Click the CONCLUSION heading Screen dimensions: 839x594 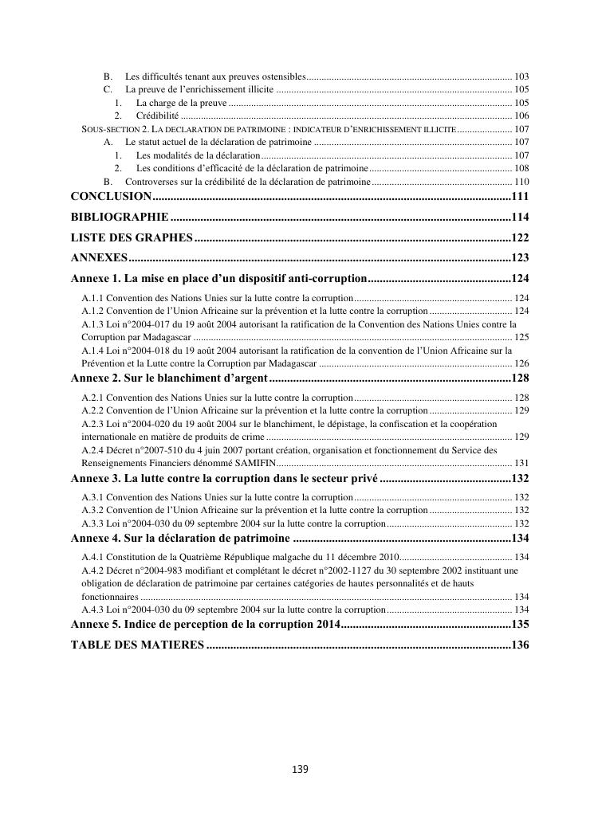click(x=111, y=196)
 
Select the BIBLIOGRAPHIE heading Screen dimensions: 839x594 click(x=119, y=217)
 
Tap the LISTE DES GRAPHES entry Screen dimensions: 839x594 click(x=132, y=237)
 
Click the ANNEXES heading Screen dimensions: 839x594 click(x=99, y=257)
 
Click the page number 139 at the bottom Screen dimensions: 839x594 click(x=300, y=769)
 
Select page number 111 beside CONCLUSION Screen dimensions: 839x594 click(x=521, y=196)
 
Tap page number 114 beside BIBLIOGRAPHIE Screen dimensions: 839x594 click(x=521, y=217)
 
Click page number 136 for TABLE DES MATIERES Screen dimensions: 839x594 click(x=521, y=645)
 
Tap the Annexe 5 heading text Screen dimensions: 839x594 click(x=206, y=624)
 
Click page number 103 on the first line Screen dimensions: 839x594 click(x=522, y=76)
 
